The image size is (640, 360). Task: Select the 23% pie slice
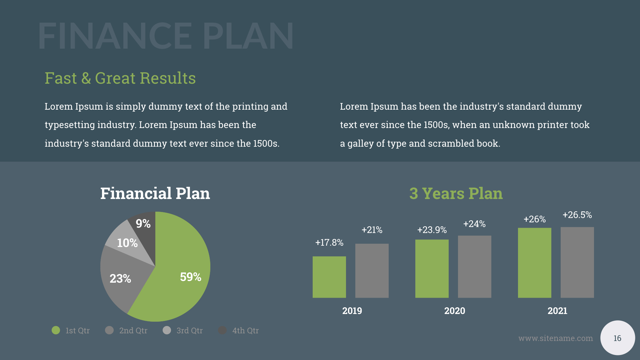[x=123, y=280]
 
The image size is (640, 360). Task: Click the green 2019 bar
[x=329, y=277]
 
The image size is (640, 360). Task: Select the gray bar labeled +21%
[x=372, y=271]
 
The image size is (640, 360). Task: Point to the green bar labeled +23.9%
[x=432, y=269]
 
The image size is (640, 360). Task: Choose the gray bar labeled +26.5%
[x=577, y=262]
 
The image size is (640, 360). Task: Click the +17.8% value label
[x=329, y=242]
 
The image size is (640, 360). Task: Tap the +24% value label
[x=474, y=224]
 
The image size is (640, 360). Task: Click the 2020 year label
[x=455, y=311]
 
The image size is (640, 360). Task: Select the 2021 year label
[x=557, y=311]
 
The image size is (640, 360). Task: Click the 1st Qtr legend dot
[x=56, y=330]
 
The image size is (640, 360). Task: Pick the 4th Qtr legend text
[x=245, y=331]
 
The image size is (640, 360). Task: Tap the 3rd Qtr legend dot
[x=167, y=330]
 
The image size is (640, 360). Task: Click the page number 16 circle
[x=617, y=338]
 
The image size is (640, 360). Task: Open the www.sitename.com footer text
[x=556, y=338]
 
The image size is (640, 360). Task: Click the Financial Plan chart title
[x=155, y=193]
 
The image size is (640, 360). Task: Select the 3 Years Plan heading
[x=456, y=193]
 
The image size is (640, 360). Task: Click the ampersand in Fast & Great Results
[x=86, y=78]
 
